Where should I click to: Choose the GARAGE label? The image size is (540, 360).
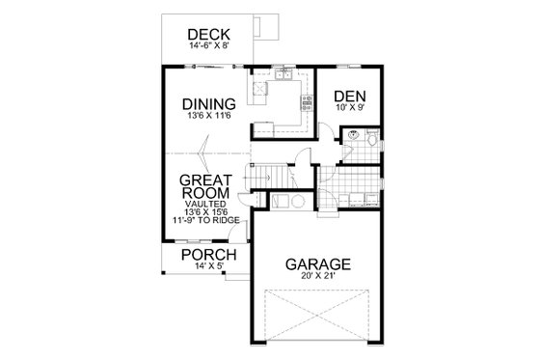coord(316,263)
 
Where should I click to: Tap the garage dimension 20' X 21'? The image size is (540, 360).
coord(316,277)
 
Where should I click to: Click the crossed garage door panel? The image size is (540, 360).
coord(316,315)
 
